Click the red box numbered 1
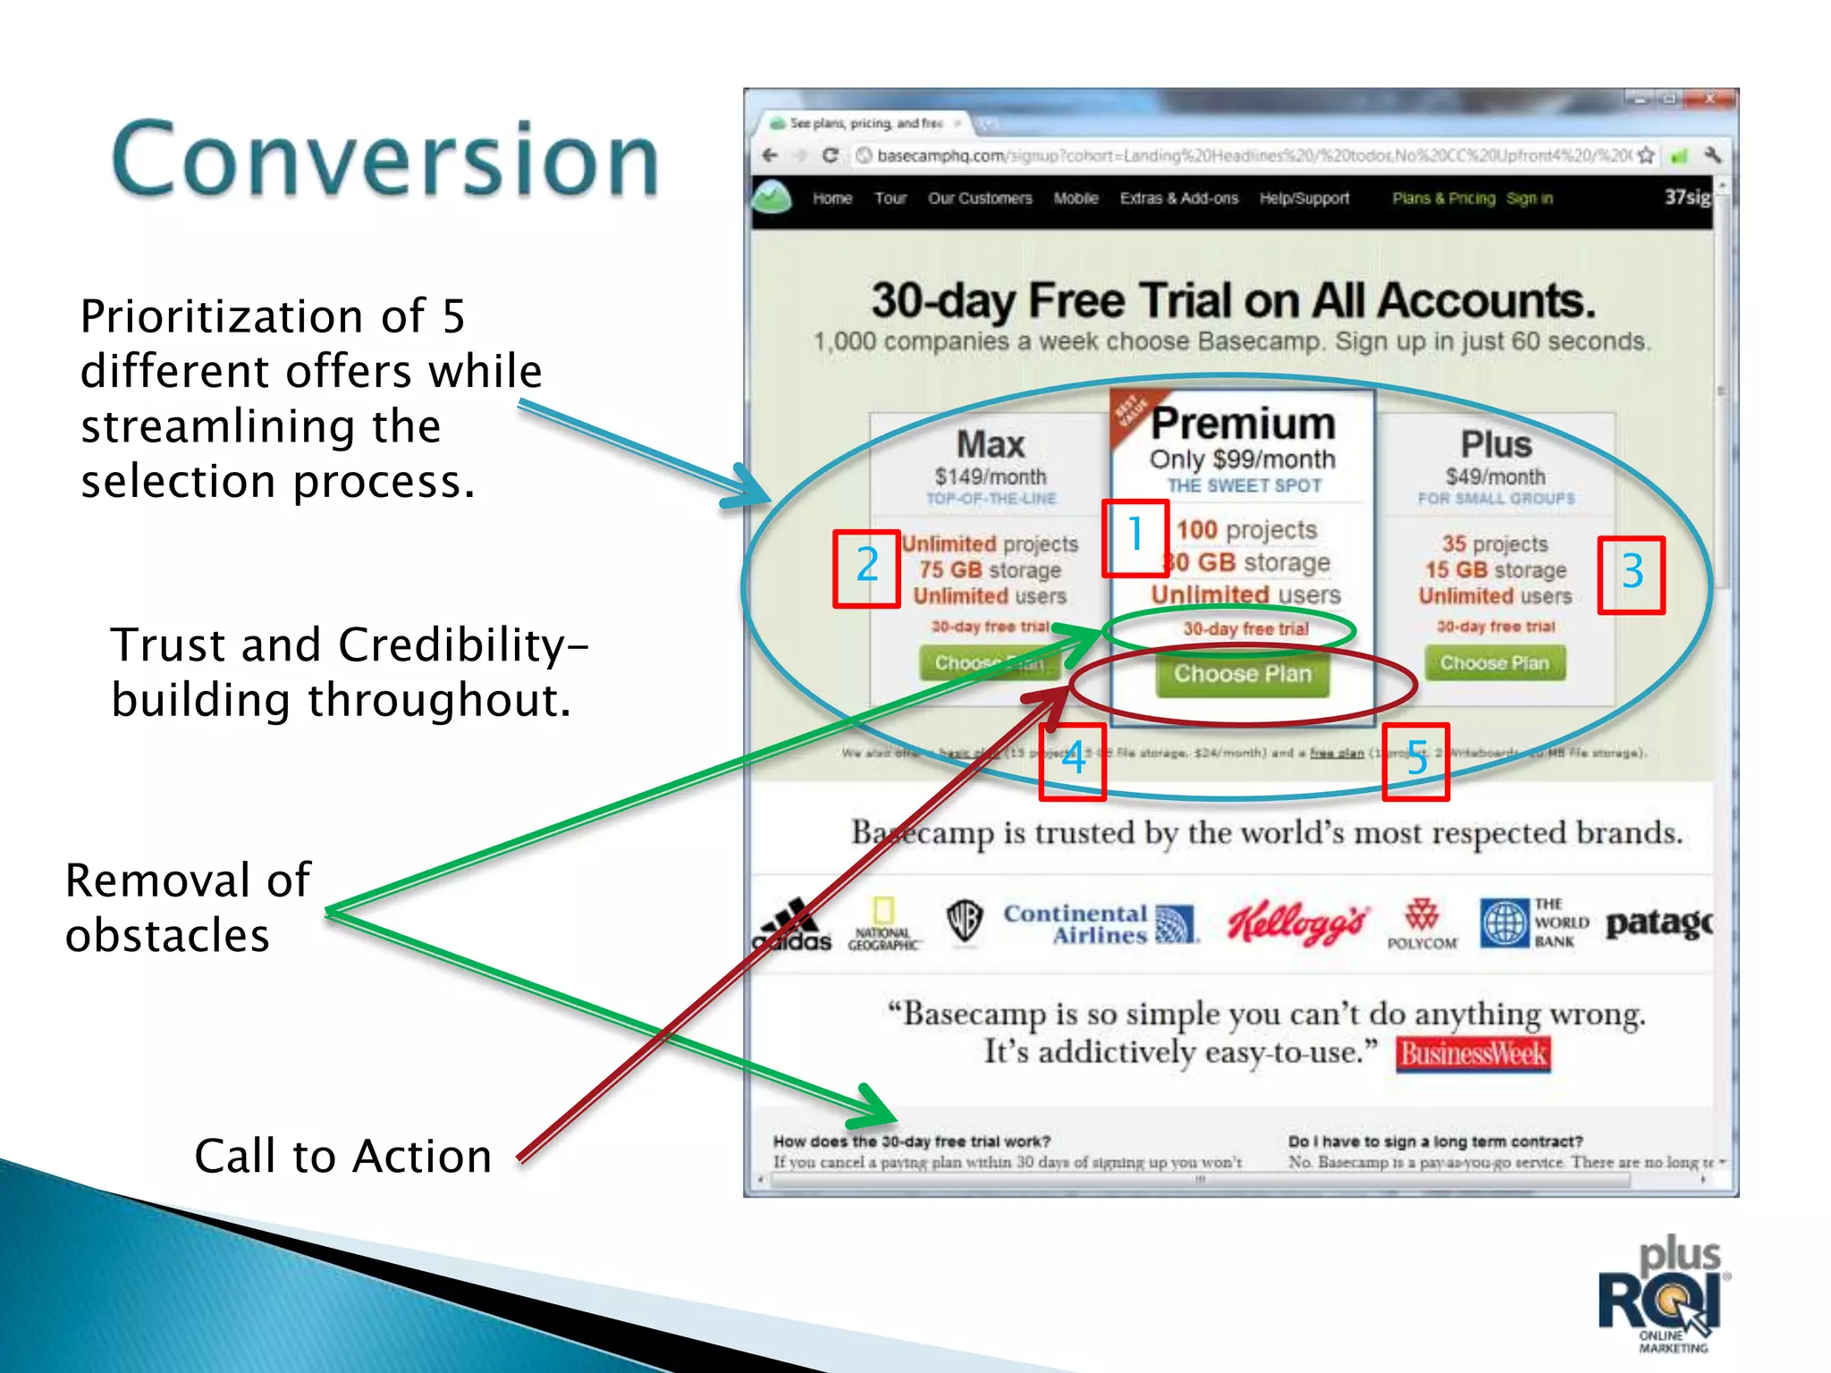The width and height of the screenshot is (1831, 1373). pyautogui.click(x=1135, y=536)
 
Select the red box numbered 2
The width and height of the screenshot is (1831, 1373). pyautogui.click(x=866, y=569)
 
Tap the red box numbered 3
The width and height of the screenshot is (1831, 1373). pyautogui.click(x=1632, y=574)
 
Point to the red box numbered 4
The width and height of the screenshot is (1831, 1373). pyautogui.click(x=1073, y=761)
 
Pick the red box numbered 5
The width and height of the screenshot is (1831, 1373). pyautogui.click(x=1415, y=761)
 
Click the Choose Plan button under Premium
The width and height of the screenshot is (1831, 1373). pyautogui.click(x=1242, y=674)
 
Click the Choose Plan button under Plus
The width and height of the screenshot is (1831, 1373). pyautogui.click(x=1494, y=663)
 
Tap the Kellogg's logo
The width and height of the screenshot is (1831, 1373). pyautogui.click(x=1296, y=923)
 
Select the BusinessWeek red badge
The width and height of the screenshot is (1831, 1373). pyautogui.click(x=1472, y=1054)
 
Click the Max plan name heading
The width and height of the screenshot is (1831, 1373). pyautogui.click(x=990, y=444)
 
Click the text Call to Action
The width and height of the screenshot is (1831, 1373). pyautogui.click(x=343, y=1156)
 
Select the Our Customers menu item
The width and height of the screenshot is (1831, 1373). pyautogui.click(x=980, y=198)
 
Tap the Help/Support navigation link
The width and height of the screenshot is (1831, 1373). pyautogui.click(x=1304, y=198)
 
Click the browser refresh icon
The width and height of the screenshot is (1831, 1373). pyautogui.click(x=830, y=156)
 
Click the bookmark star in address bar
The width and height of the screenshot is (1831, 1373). pyautogui.click(x=1646, y=156)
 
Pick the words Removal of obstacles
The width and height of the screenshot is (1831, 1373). pyautogui.click(x=188, y=907)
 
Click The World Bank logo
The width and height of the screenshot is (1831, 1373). pyautogui.click(x=1533, y=922)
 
